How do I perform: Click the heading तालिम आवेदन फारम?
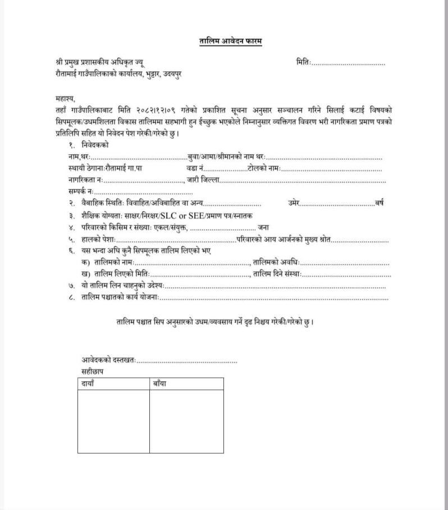click(x=231, y=41)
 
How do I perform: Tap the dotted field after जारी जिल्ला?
click(x=303, y=180)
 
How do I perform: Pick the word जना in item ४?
click(x=264, y=227)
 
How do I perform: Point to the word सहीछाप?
click(x=93, y=372)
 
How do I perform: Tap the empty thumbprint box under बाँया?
click(x=186, y=421)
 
